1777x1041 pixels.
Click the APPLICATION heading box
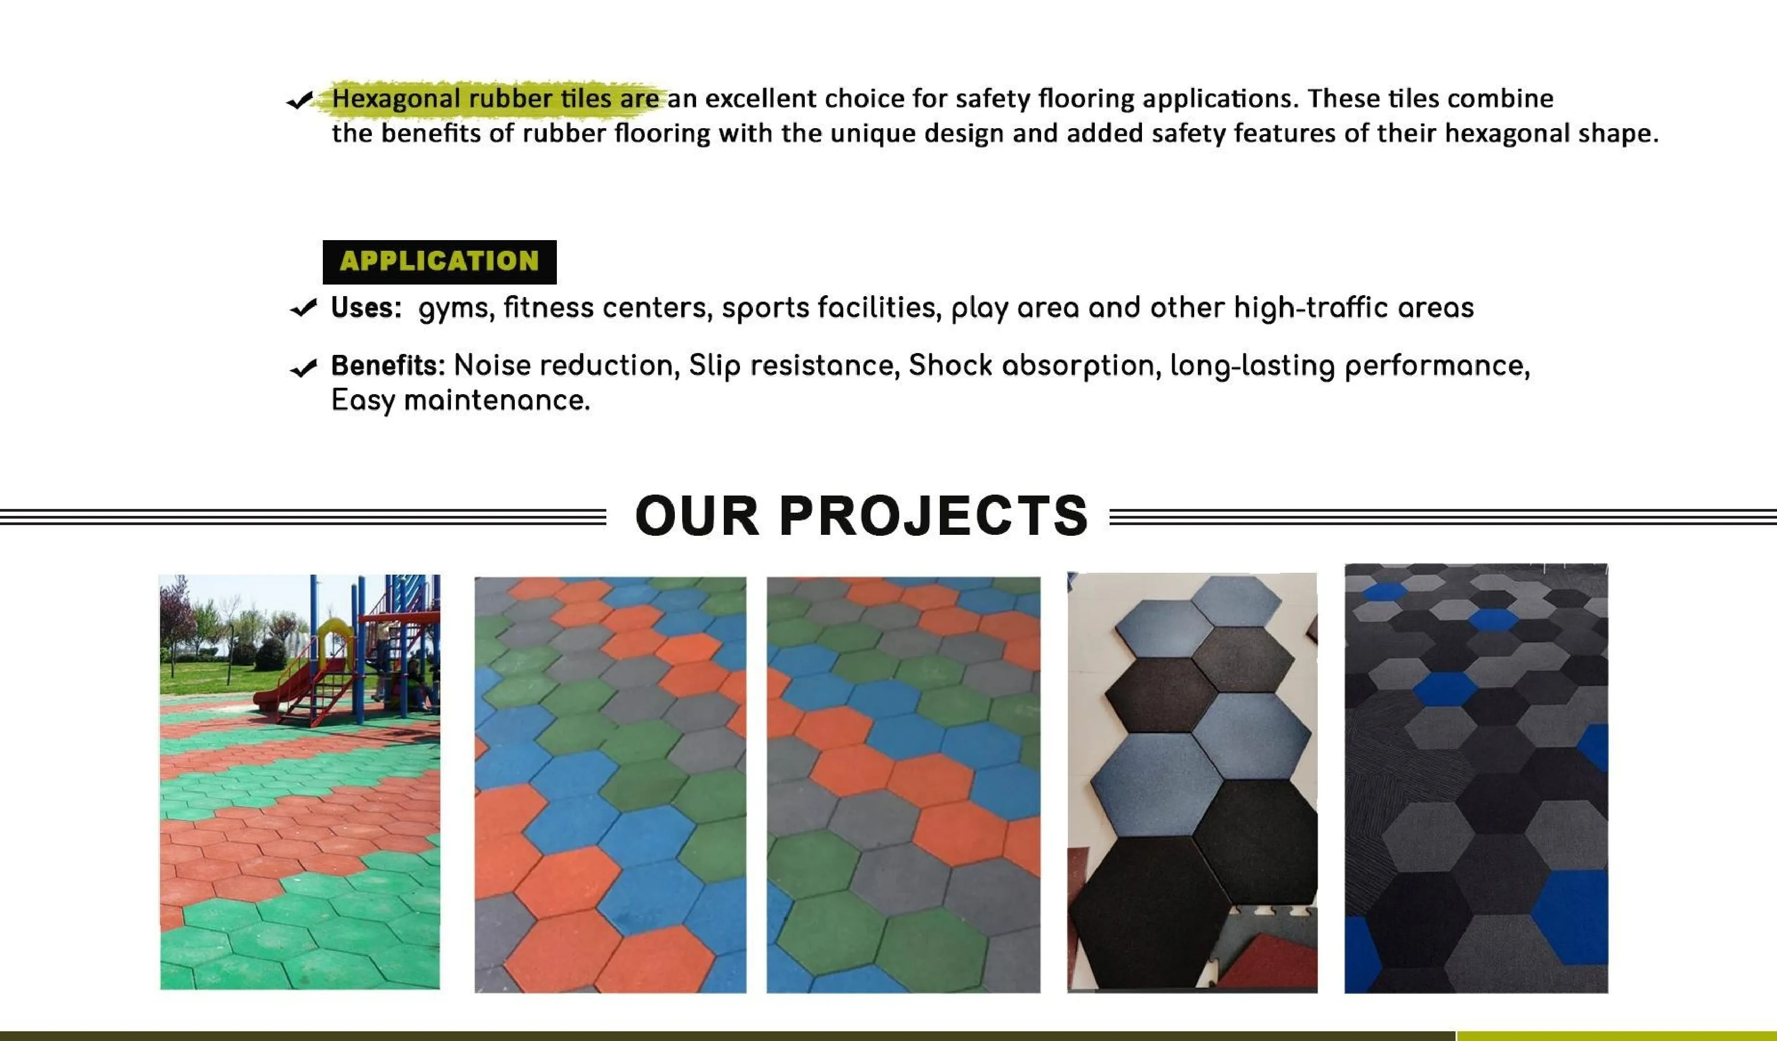coord(439,262)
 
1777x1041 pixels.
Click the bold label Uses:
coord(366,308)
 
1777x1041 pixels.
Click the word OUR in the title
coord(697,515)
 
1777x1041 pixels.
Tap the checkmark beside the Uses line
coord(304,308)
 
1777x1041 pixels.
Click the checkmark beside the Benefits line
coord(304,367)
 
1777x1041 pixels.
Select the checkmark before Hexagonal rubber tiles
coord(300,102)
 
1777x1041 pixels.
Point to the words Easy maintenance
coord(461,401)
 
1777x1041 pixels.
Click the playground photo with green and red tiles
coord(300,781)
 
